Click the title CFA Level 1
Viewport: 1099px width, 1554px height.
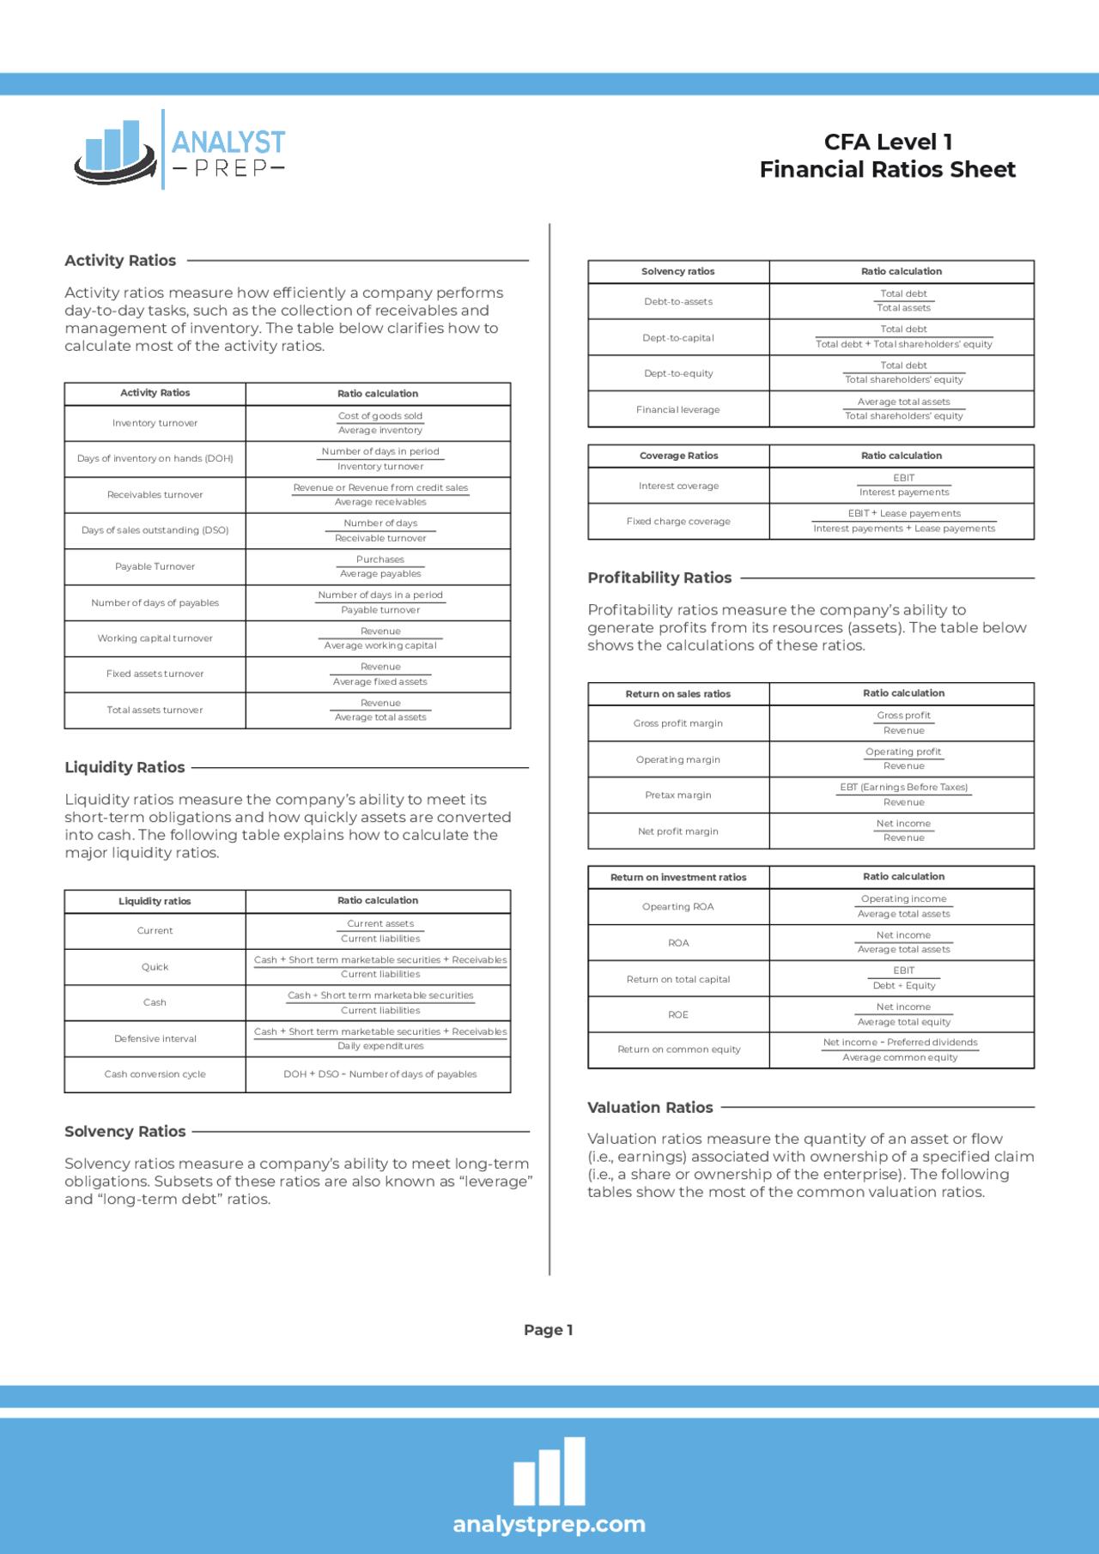(888, 142)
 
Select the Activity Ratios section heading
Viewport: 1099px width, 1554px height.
(120, 260)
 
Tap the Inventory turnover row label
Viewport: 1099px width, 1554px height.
(155, 423)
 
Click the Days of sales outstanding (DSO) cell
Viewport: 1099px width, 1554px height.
(155, 530)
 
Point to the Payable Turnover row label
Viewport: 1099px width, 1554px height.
(155, 566)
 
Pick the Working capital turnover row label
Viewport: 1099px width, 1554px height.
(155, 638)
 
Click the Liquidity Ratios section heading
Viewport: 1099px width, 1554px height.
(124, 767)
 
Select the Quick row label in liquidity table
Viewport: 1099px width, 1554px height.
(155, 967)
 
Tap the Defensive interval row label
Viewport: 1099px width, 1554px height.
(155, 1038)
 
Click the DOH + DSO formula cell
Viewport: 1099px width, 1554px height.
(379, 1074)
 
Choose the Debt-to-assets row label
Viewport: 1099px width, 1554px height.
(678, 301)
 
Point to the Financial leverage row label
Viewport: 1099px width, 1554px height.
(678, 409)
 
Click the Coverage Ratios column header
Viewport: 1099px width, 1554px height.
(678, 456)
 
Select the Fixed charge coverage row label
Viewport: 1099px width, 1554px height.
(678, 521)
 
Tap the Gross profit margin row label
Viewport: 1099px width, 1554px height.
(678, 723)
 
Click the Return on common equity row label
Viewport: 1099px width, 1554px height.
(678, 1049)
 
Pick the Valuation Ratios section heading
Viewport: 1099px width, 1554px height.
(650, 1107)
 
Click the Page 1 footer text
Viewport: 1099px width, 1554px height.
(548, 1329)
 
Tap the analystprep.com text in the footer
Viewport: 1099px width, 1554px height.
(549, 1524)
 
